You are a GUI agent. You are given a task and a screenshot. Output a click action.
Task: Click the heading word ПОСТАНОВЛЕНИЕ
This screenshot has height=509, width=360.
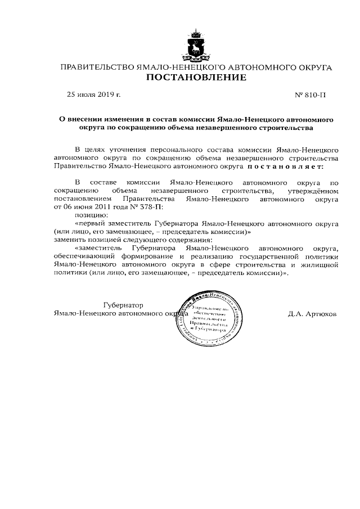(196, 78)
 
